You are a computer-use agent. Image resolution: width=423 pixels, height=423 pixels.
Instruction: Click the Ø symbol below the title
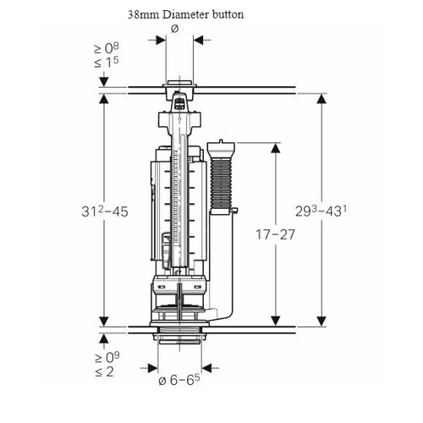point(174,29)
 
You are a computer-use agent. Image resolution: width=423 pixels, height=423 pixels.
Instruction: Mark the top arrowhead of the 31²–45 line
point(104,98)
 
